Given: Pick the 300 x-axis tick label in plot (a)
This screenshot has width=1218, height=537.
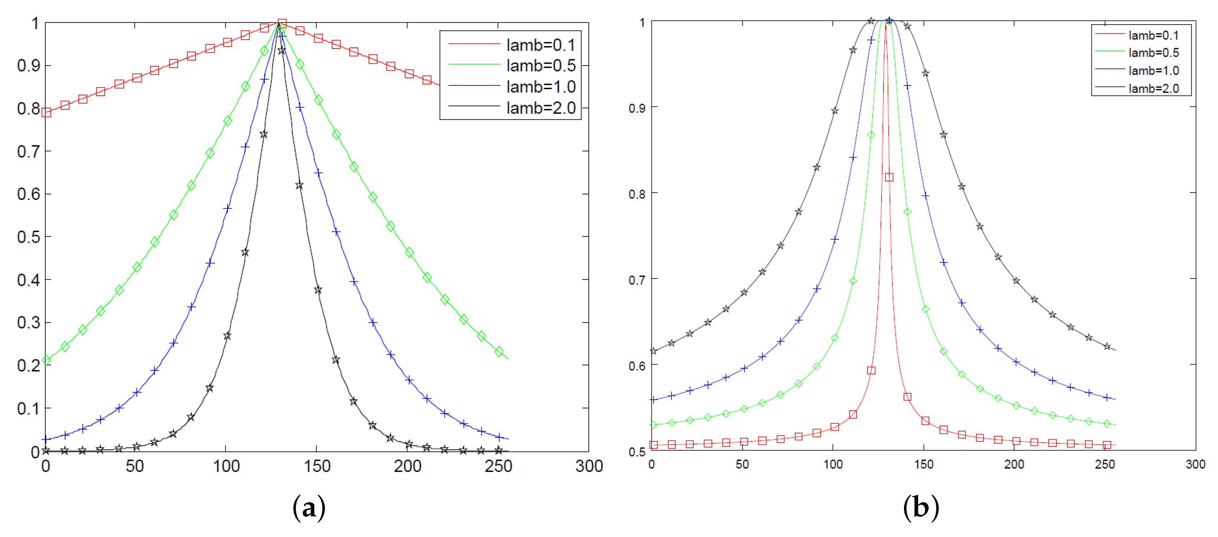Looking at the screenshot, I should [x=589, y=466].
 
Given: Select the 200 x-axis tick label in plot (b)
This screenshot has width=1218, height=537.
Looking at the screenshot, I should [x=1014, y=464].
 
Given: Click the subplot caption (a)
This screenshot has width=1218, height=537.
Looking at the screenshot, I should [x=309, y=508].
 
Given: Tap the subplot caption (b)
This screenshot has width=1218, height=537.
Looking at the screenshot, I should [x=921, y=508].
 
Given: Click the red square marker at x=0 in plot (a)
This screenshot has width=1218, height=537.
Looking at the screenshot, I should [x=46, y=112].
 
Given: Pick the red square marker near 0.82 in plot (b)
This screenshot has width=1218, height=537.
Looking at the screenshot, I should [x=889, y=177].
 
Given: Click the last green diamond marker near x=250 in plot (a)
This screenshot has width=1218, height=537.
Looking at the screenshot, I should [x=499, y=352].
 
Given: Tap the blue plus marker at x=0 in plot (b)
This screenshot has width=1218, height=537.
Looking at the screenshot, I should [x=653, y=400].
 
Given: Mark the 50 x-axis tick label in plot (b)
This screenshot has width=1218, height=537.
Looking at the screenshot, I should [x=742, y=464].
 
